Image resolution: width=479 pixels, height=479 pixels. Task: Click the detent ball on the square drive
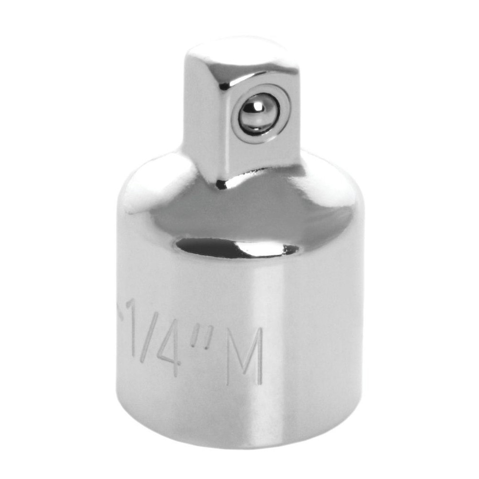tap(258, 114)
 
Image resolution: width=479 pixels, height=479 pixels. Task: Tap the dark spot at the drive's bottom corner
tap(221, 184)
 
